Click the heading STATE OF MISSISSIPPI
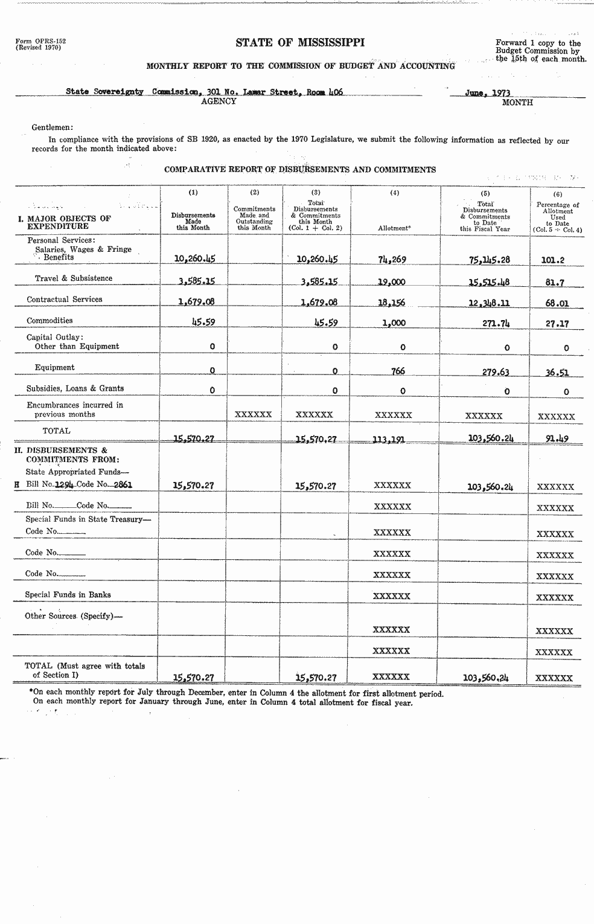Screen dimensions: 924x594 (300, 42)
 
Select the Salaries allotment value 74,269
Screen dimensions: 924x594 (392, 260)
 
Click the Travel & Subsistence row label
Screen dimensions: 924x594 (74, 278)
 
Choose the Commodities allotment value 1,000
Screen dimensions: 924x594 (394, 323)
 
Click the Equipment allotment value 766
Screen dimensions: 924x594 (398, 371)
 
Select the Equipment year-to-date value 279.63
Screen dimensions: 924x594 (495, 372)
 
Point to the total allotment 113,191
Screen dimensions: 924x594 (389, 440)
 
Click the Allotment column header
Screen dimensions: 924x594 (394, 228)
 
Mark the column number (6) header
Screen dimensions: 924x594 (557, 194)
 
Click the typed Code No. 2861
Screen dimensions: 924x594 (123, 484)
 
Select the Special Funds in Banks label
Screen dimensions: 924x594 (68, 595)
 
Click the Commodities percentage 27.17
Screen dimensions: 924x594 (557, 324)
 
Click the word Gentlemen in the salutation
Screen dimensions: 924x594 (52, 127)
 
